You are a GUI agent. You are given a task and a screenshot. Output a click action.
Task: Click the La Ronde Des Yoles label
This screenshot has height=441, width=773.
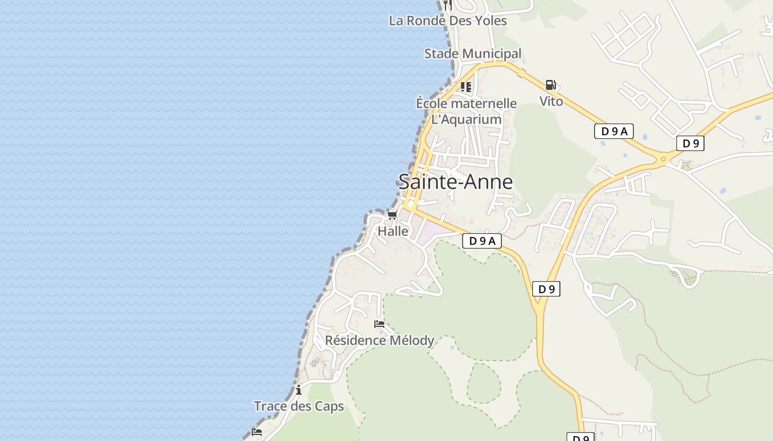[x=448, y=21]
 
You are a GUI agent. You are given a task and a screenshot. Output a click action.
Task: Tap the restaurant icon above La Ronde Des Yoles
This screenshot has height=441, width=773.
[x=448, y=5]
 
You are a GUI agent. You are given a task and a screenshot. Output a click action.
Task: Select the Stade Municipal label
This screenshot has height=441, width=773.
[x=473, y=53]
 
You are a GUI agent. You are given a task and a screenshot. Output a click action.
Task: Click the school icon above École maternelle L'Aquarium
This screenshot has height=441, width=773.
[x=466, y=87]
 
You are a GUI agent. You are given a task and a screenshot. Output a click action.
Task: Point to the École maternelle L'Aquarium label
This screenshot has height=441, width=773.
[x=466, y=111]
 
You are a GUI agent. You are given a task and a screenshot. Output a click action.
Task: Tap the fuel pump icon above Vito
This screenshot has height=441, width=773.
[x=550, y=85]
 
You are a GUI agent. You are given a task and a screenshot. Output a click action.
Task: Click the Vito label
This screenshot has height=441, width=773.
[x=551, y=101]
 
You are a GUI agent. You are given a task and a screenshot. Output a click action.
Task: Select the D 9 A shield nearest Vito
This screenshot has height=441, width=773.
[x=613, y=131]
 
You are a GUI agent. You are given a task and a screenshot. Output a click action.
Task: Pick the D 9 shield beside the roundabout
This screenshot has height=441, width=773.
[x=690, y=143]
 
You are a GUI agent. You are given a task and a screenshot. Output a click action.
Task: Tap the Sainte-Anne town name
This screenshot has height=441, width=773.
[x=456, y=181]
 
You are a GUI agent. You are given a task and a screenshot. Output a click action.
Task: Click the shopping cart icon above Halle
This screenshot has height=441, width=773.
[x=393, y=215]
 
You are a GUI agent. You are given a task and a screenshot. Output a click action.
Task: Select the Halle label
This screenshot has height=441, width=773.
[x=393, y=231]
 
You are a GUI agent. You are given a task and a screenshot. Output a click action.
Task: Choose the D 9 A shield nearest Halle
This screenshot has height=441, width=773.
[x=481, y=241]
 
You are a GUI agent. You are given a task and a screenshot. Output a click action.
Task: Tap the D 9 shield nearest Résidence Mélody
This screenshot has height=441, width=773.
[x=546, y=289]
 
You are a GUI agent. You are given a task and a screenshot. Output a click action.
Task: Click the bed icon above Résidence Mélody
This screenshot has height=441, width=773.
[x=379, y=324]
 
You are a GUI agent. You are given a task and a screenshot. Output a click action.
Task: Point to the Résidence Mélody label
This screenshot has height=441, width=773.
[x=379, y=340]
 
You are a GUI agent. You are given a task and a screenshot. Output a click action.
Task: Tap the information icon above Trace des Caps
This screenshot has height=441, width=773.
[x=299, y=390]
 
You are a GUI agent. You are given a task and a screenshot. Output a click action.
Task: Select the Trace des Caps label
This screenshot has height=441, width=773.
[x=299, y=406]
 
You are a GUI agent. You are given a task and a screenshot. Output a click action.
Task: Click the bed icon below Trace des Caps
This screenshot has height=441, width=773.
[x=257, y=432]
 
